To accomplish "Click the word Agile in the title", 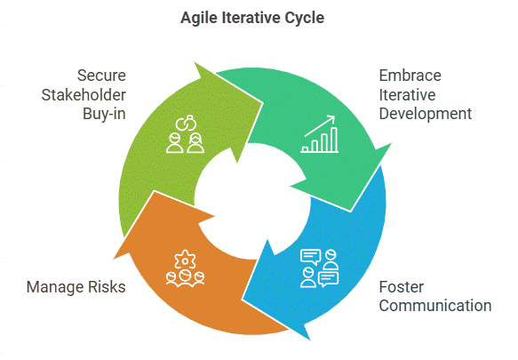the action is (199, 18).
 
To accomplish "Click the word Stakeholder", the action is (84, 95).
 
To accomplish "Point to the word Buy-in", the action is (104, 114).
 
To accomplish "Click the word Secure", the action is (101, 76).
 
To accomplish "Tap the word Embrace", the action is (410, 76).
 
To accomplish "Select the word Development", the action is (426, 115).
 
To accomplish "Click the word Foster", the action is (402, 287).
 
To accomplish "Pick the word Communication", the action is (435, 306).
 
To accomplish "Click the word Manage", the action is (54, 287).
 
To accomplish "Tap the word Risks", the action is (107, 287).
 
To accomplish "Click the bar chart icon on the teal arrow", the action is (320, 134).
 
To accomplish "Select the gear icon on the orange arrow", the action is (185, 260).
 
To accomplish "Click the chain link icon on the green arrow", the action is (186, 124).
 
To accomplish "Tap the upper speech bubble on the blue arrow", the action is (311, 257).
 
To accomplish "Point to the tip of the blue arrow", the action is (310, 340).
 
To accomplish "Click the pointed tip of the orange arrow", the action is (114, 259).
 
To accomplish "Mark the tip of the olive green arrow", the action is (195, 62).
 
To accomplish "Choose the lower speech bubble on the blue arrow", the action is (329, 279).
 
